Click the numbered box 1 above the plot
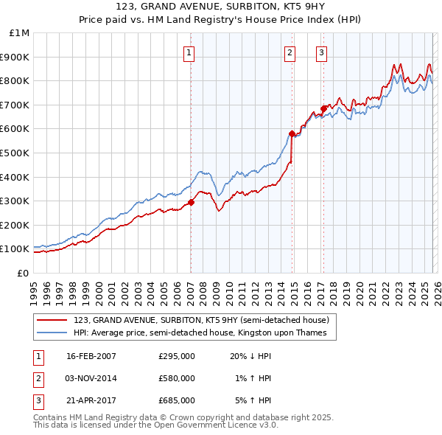click(x=190, y=52)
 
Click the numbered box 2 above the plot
click(x=290, y=52)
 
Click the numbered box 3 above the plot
click(x=322, y=52)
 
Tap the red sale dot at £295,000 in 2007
click(x=191, y=202)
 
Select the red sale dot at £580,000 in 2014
click(x=292, y=133)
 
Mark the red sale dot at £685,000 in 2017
click(x=323, y=108)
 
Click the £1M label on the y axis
click(x=19, y=33)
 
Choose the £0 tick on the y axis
click(x=22, y=273)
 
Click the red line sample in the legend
click(x=52, y=321)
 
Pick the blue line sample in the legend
click(x=52, y=333)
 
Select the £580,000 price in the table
click(x=177, y=378)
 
